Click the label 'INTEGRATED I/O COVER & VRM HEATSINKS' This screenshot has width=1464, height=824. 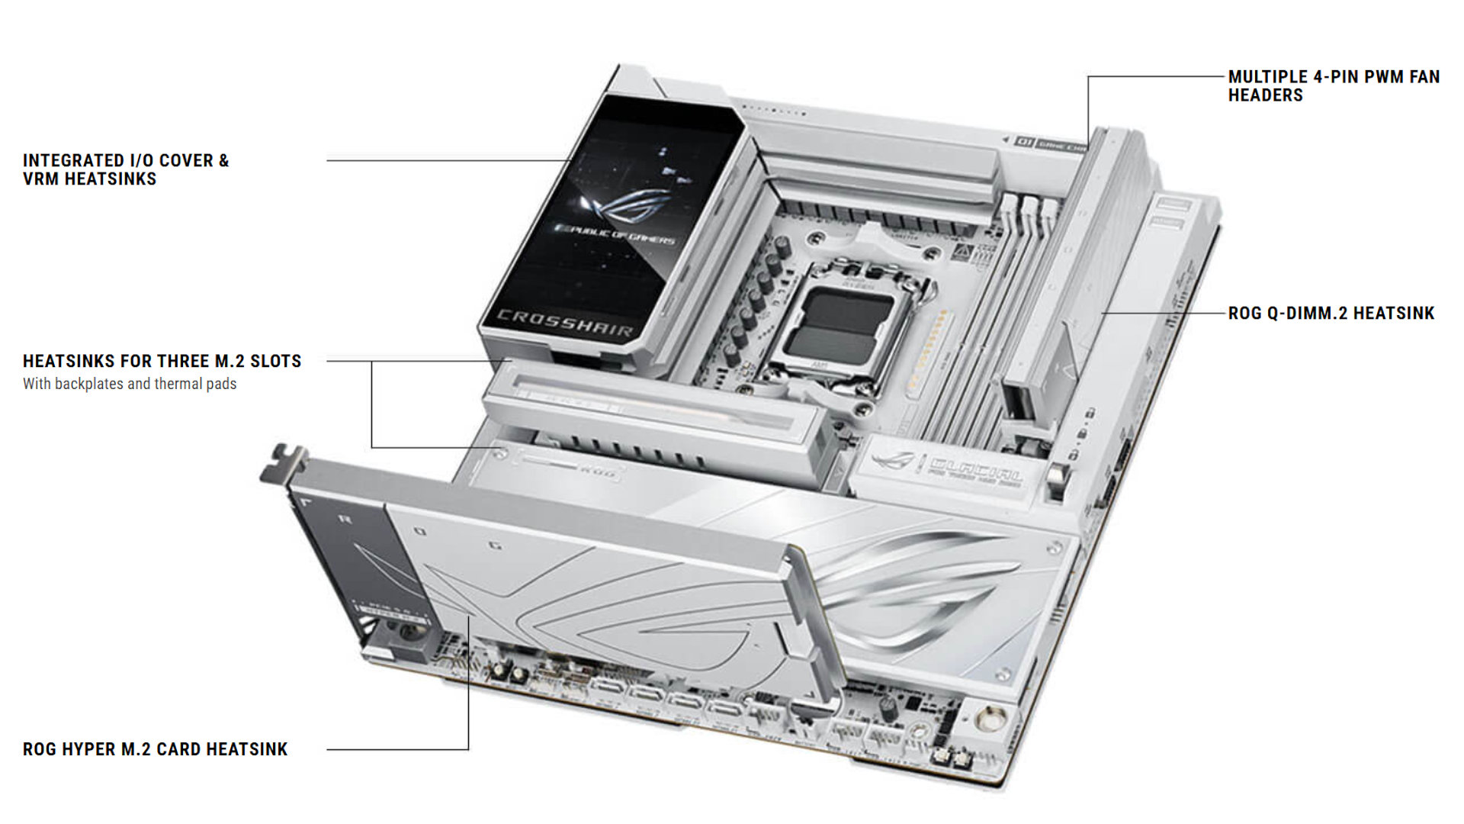(x=126, y=169)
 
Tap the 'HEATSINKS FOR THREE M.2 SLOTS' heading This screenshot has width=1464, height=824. (x=162, y=361)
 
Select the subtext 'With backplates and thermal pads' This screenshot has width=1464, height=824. (x=130, y=384)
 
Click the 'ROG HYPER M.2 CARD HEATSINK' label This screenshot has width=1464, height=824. (x=156, y=749)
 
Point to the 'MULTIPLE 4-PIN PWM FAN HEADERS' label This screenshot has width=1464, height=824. (x=1334, y=85)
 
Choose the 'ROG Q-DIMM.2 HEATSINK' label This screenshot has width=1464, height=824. (x=1331, y=313)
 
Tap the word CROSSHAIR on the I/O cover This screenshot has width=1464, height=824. (x=565, y=323)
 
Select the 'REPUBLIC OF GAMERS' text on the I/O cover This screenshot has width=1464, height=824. (x=615, y=233)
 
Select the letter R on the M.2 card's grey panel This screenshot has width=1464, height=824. (x=345, y=520)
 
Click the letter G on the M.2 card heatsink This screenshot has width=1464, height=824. (x=496, y=545)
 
